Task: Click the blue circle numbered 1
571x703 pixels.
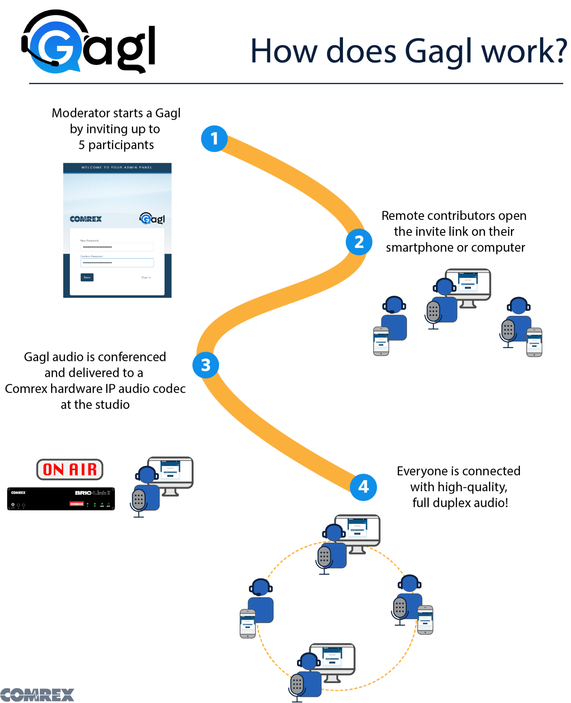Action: coord(214,139)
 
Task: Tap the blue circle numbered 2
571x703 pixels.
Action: coord(359,242)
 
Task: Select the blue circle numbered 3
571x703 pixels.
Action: coord(205,365)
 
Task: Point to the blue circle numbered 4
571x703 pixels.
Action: coord(363,487)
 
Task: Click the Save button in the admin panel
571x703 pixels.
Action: coord(87,277)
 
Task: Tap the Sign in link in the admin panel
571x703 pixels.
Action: coord(146,277)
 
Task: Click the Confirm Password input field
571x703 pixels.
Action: coord(117,263)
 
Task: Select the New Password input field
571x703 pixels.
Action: coord(117,247)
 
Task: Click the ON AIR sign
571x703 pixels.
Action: coord(70,469)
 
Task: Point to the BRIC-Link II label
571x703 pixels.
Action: coord(93,493)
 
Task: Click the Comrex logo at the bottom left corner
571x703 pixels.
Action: coord(37,695)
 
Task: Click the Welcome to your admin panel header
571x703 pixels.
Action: coord(117,168)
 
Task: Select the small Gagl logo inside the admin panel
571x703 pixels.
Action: coord(152,219)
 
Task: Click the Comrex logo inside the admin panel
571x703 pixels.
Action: coord(86,219)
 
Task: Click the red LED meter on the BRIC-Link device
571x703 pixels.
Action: coord(76,504)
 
